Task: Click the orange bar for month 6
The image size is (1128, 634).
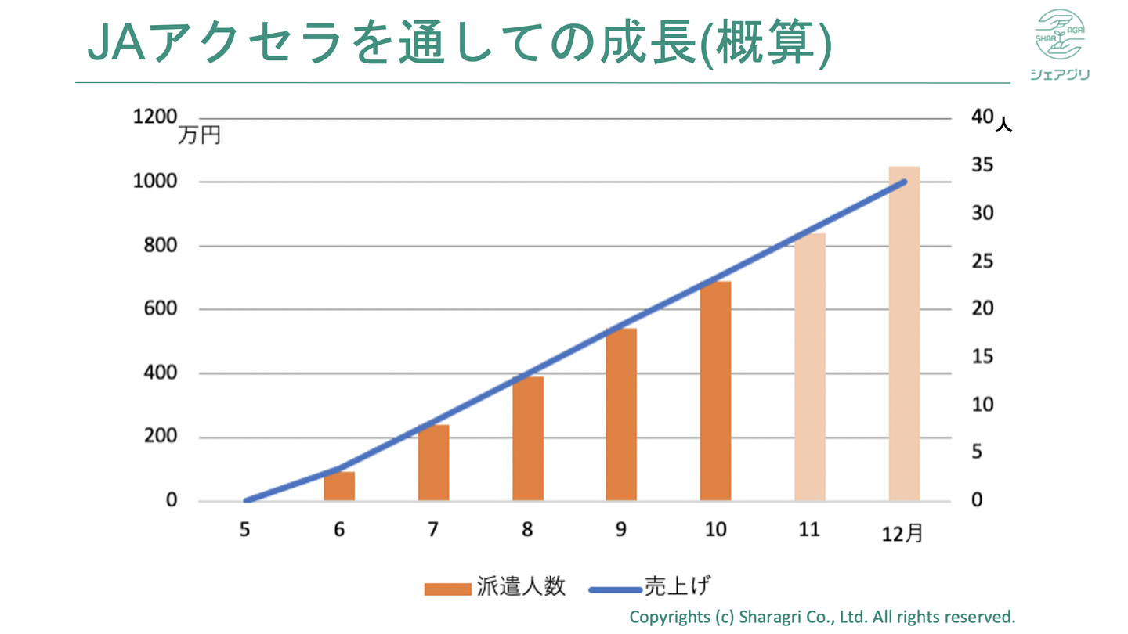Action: pyautogui.click(x=339, y=486)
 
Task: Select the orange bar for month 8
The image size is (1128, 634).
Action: pyautogui.click(x=528, y=438)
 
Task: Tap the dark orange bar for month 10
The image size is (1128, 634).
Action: pyautogui.click(x=715, y=391)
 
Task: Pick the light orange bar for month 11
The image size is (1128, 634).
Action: pyautogui.click(x=809, y=368)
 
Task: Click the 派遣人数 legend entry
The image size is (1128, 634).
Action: pyautogui.click(x=494, y=587)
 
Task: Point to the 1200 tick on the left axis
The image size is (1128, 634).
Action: pyautogui.click(x=155, y=117)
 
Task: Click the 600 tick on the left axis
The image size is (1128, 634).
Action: pyautogui.click(x=161, y=309)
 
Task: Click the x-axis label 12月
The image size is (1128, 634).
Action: pyautogui.click(x=903, y=535)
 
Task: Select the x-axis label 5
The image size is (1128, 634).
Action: pyautogui.click(x=245, y=530)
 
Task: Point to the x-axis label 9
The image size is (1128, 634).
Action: pyautogui.click(x=621, y=530)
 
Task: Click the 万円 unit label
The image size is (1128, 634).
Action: pyautogui.click(x=199, y=135)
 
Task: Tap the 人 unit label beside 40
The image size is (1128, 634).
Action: pyautogui.click(x=1003, y=124)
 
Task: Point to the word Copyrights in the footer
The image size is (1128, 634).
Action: pyautogui.click(x=669, y=616)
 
